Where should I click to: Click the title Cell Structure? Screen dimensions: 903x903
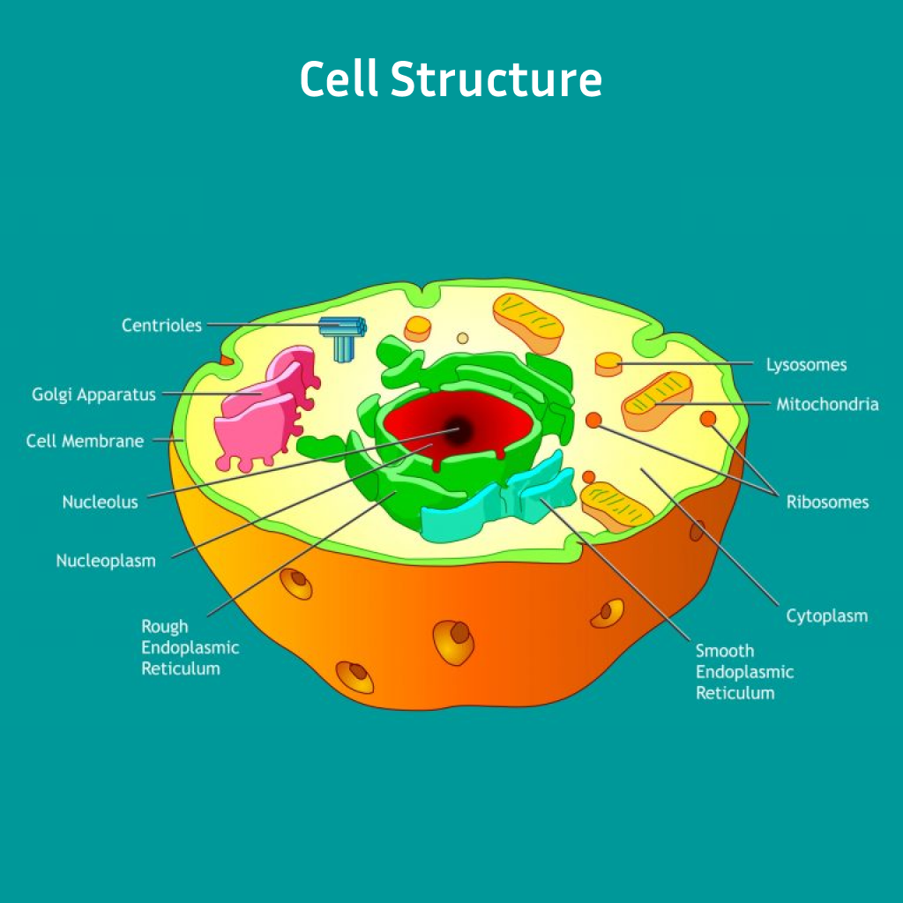(x=451, y=80)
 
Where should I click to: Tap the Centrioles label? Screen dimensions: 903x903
(x=161, y=325)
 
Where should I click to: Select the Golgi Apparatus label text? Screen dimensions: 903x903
(x=94, y=394)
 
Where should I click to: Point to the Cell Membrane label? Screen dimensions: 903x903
(x=85, y=440)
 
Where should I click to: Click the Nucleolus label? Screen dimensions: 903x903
(x=100, y=502)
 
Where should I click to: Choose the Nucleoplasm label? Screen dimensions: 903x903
(x=106, y=560)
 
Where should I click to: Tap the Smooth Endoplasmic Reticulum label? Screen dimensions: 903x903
(x=744, y=671)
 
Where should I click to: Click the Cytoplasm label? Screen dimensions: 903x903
(x=826, y=616)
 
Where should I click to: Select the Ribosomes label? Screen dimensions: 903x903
(x=827, y=502)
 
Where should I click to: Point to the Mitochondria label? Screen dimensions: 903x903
(x=827, y=405)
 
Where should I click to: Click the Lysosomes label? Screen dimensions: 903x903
(x=806, y=364)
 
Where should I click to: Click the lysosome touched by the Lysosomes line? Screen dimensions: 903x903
(x=608, y=363)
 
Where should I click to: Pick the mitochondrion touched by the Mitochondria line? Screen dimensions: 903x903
(x=657, y=401)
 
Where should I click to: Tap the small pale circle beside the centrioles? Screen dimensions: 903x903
(x=462, y=338)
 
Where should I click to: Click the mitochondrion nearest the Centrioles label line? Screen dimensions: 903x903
(x=527, y=323)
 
